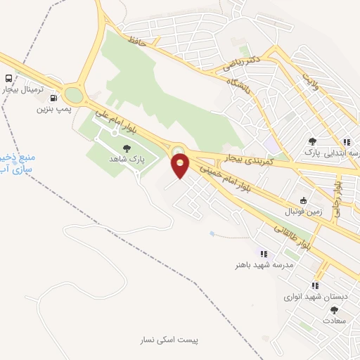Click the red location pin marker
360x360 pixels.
click(181, 166)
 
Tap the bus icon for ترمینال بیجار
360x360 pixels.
click(8, 79)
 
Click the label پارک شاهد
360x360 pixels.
click(127, 160)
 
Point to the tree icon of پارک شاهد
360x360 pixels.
click(127, 148)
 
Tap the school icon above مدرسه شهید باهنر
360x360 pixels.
click(264, 254)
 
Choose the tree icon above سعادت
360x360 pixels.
click(334, 309)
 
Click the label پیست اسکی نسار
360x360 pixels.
click(169, 340)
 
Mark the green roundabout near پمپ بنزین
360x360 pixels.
click(73, 94)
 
